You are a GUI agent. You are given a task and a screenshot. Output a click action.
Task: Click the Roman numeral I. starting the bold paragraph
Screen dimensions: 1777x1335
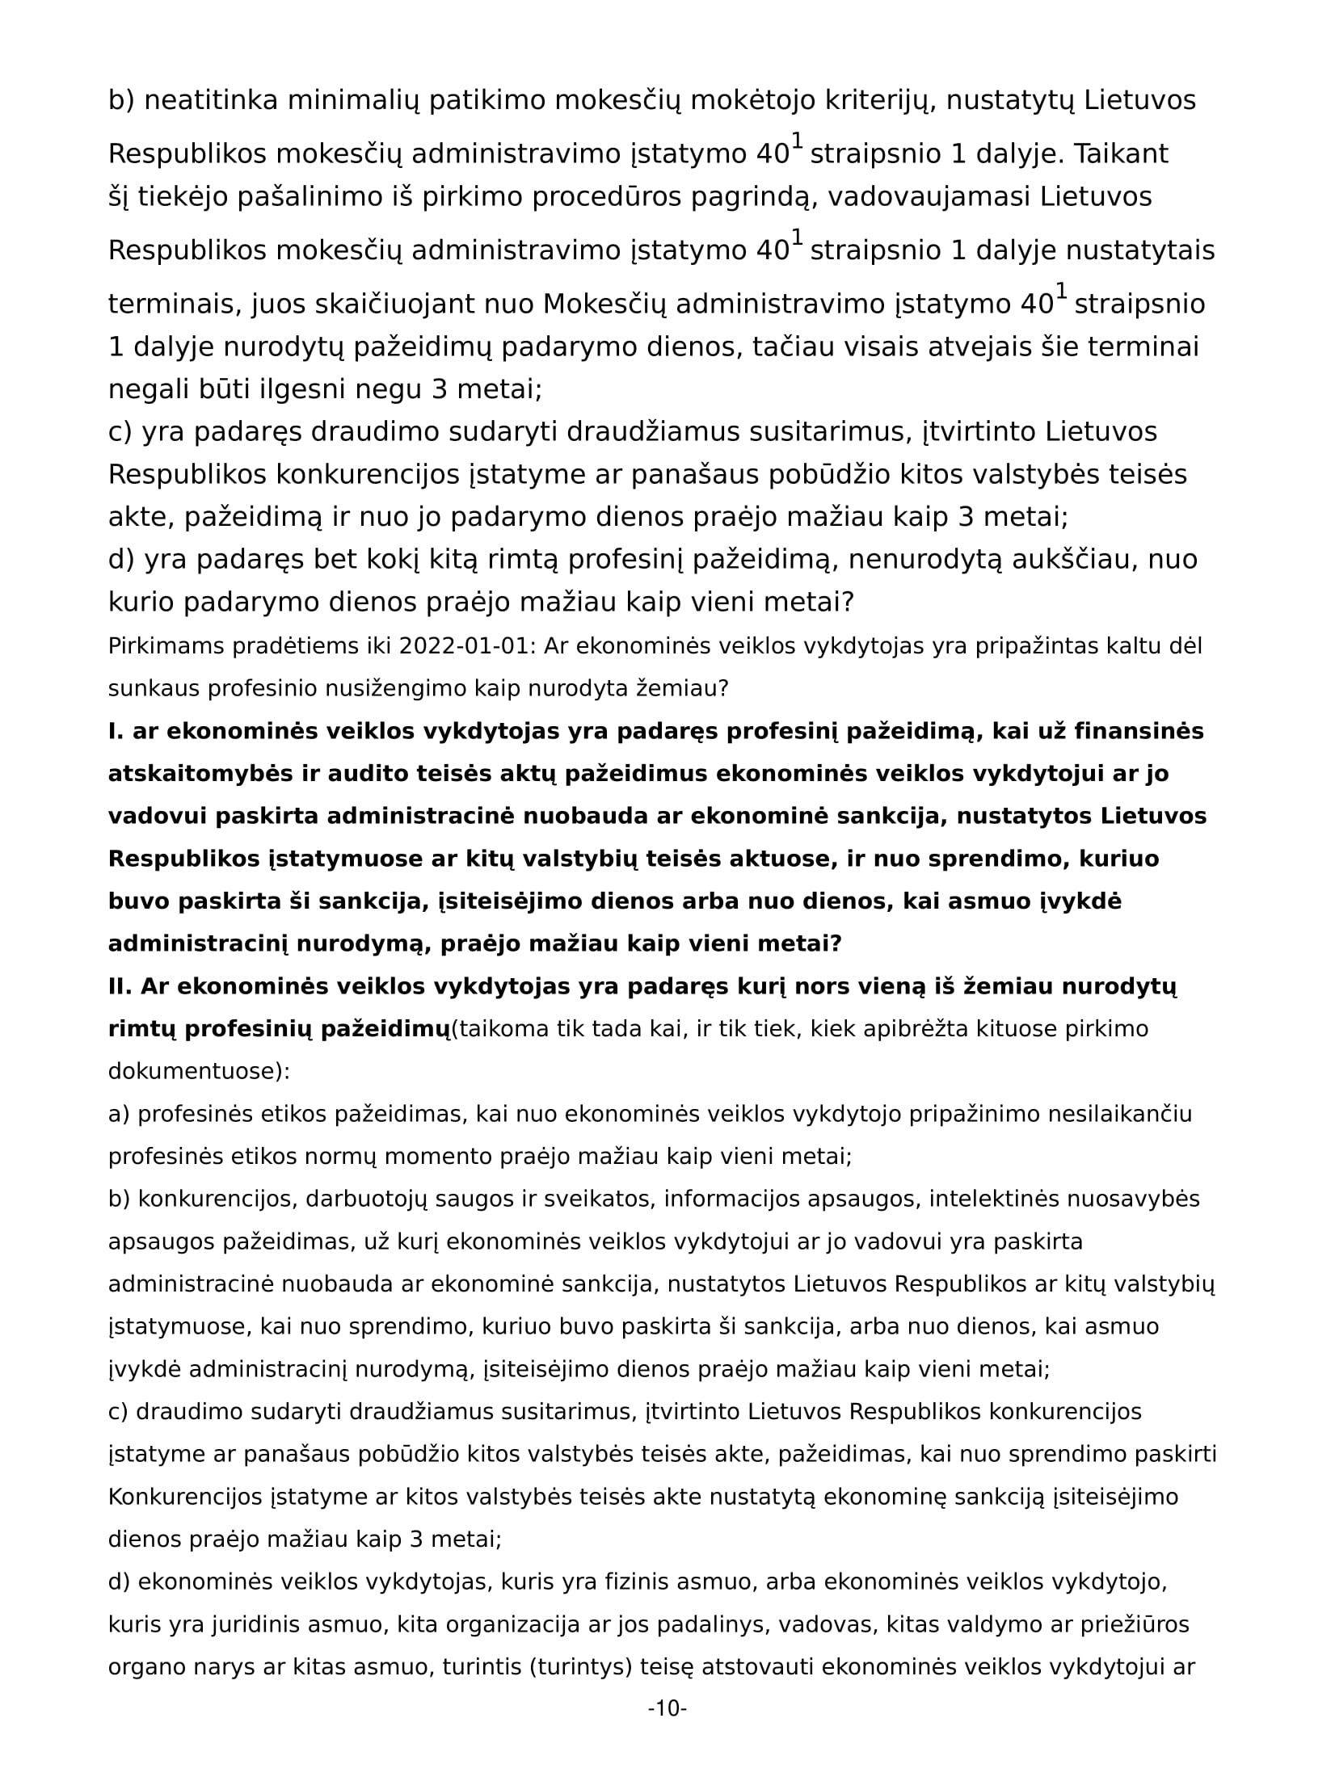point(116,731)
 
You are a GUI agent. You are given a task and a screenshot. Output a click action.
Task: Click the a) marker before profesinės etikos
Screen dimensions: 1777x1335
point(119,1115)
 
